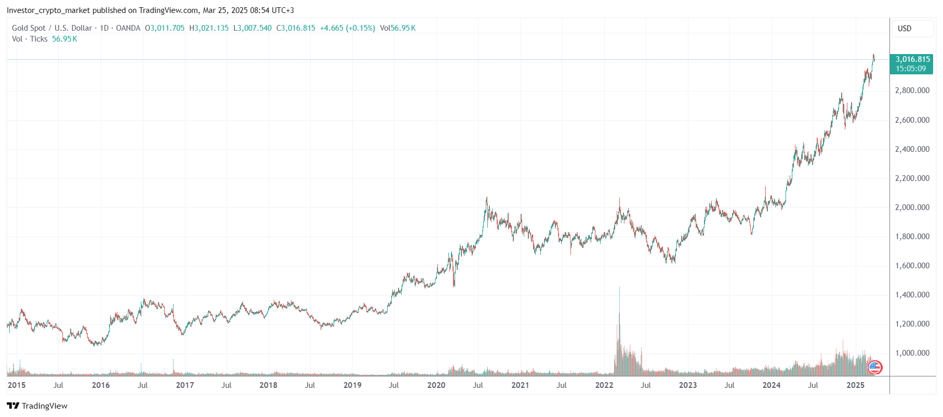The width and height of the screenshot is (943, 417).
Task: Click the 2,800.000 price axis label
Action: (912, 90)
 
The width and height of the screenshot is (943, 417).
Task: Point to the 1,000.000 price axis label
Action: (912, 353)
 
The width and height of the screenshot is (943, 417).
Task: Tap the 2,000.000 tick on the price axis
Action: (912, 207)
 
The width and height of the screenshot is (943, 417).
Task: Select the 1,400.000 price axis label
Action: (912, 295)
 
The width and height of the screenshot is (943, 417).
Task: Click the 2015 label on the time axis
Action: (17, 385)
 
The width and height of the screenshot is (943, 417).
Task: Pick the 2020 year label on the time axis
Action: (436, 385)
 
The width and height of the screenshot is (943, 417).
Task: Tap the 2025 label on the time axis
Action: (855, 385)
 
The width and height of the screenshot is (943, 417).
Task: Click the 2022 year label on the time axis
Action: (604, 385)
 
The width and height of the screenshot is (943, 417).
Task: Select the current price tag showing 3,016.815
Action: (911, 64)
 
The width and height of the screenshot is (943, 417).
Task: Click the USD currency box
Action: (905, 29)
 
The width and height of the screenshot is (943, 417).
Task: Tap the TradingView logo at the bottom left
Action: (37, 406)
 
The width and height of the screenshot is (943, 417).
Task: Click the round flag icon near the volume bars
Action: (875, 368)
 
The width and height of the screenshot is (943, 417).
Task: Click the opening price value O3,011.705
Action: (165, 28)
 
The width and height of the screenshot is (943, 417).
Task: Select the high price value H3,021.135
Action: (209, 28)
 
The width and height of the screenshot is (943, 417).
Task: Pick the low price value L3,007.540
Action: (253, 28)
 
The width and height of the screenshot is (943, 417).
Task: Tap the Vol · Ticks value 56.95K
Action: (64, 39)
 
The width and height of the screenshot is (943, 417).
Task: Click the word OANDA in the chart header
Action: (128, 28)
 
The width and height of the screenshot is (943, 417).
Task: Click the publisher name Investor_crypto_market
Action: (48, 10)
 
